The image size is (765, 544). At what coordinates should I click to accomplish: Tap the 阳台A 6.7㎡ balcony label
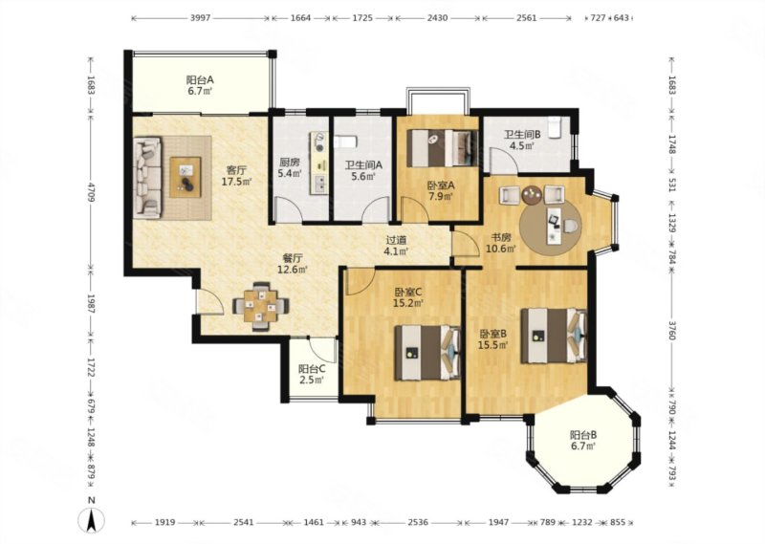[201, 85]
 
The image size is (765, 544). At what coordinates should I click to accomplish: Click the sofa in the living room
[148, 177]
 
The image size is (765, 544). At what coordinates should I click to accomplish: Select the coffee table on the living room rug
[186, 177]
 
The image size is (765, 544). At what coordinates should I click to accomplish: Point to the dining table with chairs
[261, 307]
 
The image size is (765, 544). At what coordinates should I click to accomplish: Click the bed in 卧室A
[442, 147]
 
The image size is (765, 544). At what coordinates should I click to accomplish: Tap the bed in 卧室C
[427, 353]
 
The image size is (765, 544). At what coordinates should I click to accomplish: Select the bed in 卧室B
[554, 336]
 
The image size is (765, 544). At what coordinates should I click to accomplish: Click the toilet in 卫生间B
[555, 128]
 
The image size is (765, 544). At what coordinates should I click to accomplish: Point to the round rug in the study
[551, 226]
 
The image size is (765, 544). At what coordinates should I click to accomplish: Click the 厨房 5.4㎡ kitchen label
[290, 167]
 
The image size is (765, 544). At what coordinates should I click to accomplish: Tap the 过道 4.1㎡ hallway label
[396, 246]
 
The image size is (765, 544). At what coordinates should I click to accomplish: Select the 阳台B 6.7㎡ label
[583, 440]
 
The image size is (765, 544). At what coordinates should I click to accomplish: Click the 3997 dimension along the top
[200, 18]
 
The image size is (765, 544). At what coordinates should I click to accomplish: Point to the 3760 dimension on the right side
[672, 330]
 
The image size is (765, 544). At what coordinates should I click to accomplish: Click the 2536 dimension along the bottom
[418, 523]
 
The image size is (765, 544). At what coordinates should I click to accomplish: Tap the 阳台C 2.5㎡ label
[312, 374]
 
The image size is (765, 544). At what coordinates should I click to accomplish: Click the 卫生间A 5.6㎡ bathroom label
[363, 171]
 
